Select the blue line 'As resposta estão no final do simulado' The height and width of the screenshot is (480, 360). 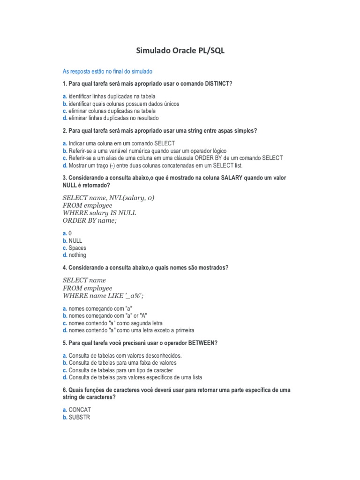pos(107,71)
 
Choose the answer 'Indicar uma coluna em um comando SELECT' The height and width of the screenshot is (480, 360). pos(121,143)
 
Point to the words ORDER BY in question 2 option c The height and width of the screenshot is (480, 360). pos(209,158)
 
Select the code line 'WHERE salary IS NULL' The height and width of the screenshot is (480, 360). pos(99,213)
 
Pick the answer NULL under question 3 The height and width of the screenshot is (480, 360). pos(75,240)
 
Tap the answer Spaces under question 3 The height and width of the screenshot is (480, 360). pos(77,247)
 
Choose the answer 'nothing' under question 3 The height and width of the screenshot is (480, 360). pos(77,255)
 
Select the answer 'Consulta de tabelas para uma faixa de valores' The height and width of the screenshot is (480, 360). pos(122,363)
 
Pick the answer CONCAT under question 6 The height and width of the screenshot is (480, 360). pos(80,410)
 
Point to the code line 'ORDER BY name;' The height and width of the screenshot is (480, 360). pos(89,220)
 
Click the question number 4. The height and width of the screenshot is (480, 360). pos(64,267)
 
